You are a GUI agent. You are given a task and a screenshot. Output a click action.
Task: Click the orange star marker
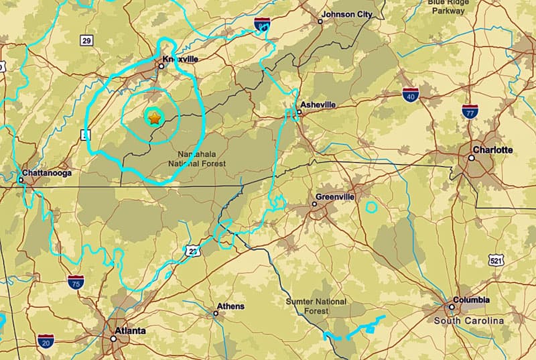[154, 119]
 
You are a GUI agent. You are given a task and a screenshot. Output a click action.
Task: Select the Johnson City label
[347, 14]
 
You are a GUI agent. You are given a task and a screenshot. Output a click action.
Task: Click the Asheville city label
[318, 105]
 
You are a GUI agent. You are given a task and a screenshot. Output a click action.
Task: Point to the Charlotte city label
[492, 149]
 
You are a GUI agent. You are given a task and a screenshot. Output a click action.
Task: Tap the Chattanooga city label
[46, 172]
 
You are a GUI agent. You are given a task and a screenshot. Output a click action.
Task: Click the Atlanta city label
[131, 331]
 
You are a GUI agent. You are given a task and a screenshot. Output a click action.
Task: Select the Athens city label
[231, 306]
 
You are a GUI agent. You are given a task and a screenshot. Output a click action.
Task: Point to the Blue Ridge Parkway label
[448, 7]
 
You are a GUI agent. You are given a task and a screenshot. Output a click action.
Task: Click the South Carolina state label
[468, 321]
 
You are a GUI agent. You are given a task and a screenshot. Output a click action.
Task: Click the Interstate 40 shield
[411, 95]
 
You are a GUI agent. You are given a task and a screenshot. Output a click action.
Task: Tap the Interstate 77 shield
[470, 111]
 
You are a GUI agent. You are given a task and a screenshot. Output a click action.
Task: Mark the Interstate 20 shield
[46, 340]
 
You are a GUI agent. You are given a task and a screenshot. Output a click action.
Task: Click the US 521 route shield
[496, 260]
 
